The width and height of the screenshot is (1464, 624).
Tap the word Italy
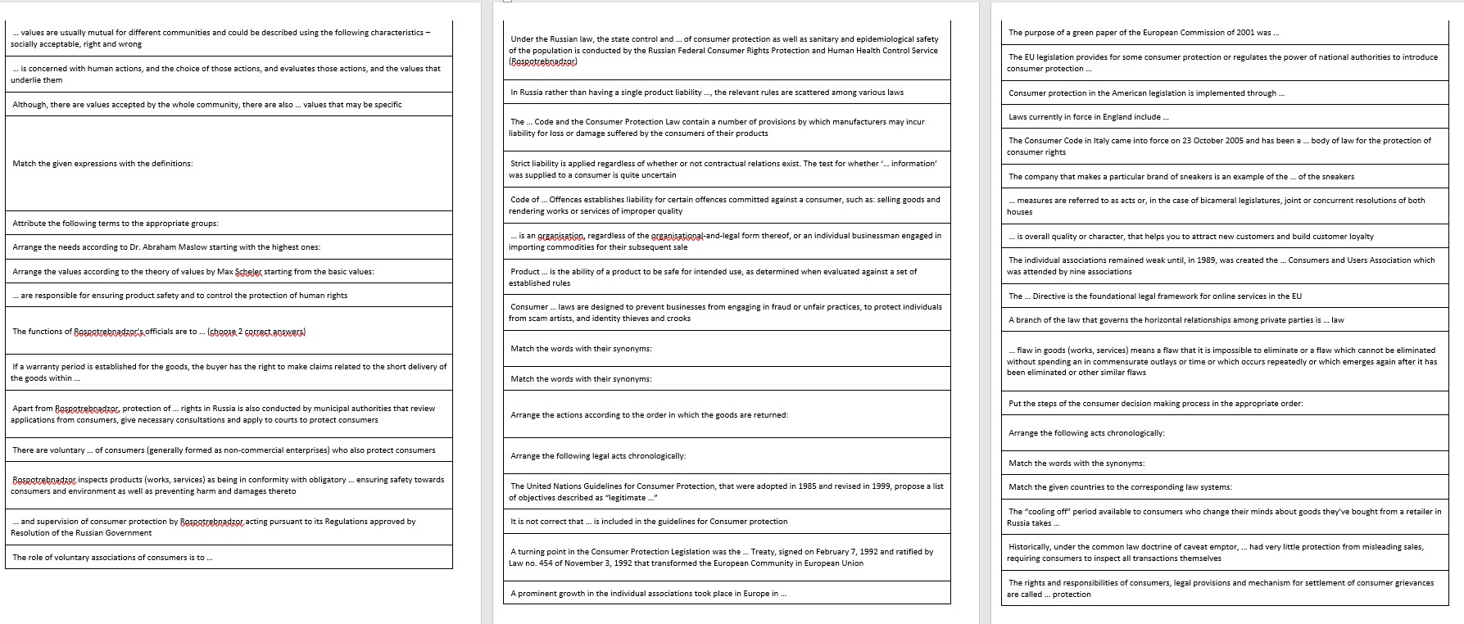click(x=1088, y=141)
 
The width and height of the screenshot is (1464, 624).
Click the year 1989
click(x=1235, y=260)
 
